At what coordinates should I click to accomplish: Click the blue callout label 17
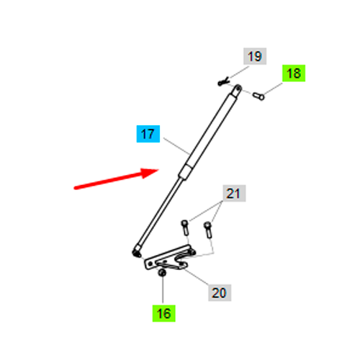148,134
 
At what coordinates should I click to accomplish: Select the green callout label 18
294,73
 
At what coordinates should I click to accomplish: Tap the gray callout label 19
255,56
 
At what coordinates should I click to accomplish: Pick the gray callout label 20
220,293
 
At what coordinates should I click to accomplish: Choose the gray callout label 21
234,193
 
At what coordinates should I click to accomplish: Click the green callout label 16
164,313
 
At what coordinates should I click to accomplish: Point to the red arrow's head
149,173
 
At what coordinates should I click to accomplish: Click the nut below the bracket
162,273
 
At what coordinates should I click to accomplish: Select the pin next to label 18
258,96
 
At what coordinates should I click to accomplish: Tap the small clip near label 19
224,81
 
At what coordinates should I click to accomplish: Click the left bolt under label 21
185,228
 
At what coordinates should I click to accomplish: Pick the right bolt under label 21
208,230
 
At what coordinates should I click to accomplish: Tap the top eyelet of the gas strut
238,88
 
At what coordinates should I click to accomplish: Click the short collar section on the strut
185,171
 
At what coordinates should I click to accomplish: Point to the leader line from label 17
177,146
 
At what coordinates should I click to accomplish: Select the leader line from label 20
196,276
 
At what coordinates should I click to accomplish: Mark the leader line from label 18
273,89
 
